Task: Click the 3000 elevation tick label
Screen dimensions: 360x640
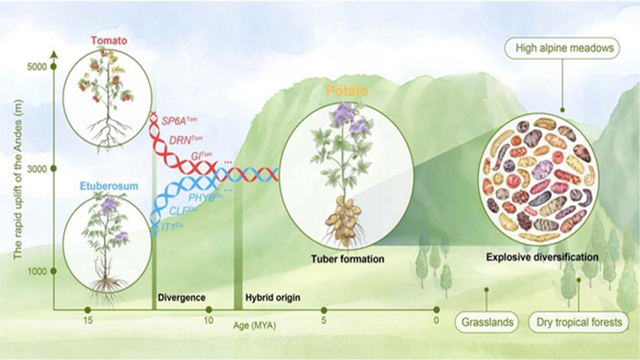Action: coord(33,170)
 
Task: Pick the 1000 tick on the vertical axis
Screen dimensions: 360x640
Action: coord(33,272)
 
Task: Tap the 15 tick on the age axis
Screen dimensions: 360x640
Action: coord(88,321)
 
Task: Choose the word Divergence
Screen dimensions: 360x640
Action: coord(182,298)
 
